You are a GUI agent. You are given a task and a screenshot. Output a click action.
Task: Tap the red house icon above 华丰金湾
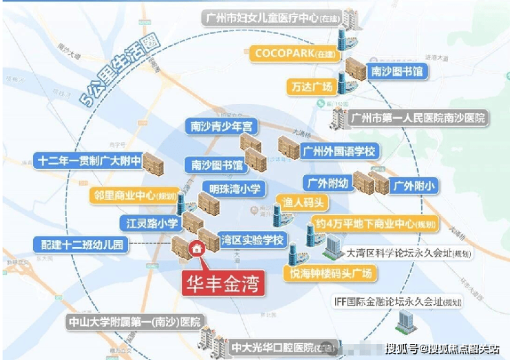(197, 249)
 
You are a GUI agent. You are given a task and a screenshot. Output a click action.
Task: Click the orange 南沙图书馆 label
(398, 70)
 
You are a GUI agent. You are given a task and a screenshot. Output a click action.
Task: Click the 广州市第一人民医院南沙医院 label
(418, 119)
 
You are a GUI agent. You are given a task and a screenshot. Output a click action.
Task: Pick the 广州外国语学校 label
(340, 150)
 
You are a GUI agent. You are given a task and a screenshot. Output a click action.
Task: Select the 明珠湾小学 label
(231, 188)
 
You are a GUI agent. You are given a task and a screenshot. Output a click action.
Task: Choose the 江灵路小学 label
(148, 223)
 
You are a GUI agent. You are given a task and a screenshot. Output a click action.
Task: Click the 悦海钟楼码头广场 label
(331, 274)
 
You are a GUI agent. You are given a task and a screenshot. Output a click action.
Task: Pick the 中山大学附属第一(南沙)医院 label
(134, 322)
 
